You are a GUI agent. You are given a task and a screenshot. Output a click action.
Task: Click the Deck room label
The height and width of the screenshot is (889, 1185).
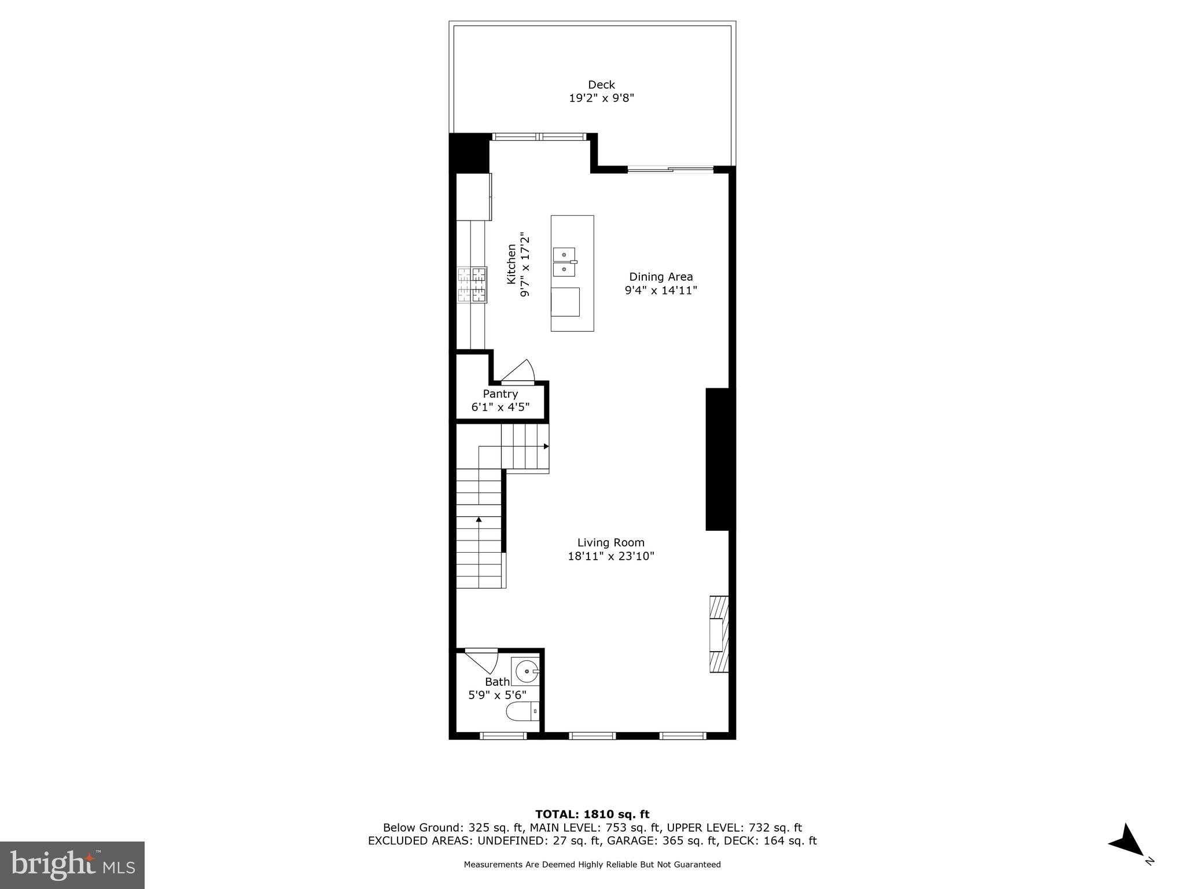[x=601, y=85]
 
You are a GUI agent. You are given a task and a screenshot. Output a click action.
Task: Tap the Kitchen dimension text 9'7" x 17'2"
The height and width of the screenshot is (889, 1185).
[x=525, y=265]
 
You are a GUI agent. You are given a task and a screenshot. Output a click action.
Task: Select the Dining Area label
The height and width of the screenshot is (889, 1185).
[x=661, y=277]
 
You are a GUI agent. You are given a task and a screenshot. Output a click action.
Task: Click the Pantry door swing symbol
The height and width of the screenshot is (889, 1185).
[x=518, y=372]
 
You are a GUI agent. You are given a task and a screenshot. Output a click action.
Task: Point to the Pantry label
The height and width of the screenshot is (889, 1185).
[x=500, y=394]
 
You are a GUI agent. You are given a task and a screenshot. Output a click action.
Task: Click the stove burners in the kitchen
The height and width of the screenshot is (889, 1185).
[x=472, y=284]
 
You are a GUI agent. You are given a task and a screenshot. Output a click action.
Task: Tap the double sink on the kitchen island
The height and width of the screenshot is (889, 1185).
[x=565, y=262]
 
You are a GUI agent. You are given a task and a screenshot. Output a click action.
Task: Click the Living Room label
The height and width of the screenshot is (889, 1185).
[x=610, y=543]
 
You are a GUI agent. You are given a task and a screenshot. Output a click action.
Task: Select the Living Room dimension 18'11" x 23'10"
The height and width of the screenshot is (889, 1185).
[x=610, y=557]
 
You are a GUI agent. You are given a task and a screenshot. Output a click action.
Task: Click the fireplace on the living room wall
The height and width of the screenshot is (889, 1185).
[x=719, y=634]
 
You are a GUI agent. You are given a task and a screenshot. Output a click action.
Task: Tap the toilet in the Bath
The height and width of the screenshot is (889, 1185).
[x=522, y=711]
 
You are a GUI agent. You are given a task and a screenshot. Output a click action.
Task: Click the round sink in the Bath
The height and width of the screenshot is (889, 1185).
[x=526, y=672]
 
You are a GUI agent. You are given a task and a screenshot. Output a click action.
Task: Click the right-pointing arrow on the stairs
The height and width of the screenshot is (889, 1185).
[x=546, y=446]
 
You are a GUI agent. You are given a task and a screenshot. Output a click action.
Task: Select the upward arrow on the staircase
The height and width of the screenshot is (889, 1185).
[x=479, y=520]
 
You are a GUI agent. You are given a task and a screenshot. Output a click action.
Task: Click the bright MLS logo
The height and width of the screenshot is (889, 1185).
[x=72, y=865]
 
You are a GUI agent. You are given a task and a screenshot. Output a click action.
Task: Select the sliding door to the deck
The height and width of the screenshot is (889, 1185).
[x=671, y=170]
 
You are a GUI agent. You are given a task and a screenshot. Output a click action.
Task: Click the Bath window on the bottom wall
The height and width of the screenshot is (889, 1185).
[x=503, y=736]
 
